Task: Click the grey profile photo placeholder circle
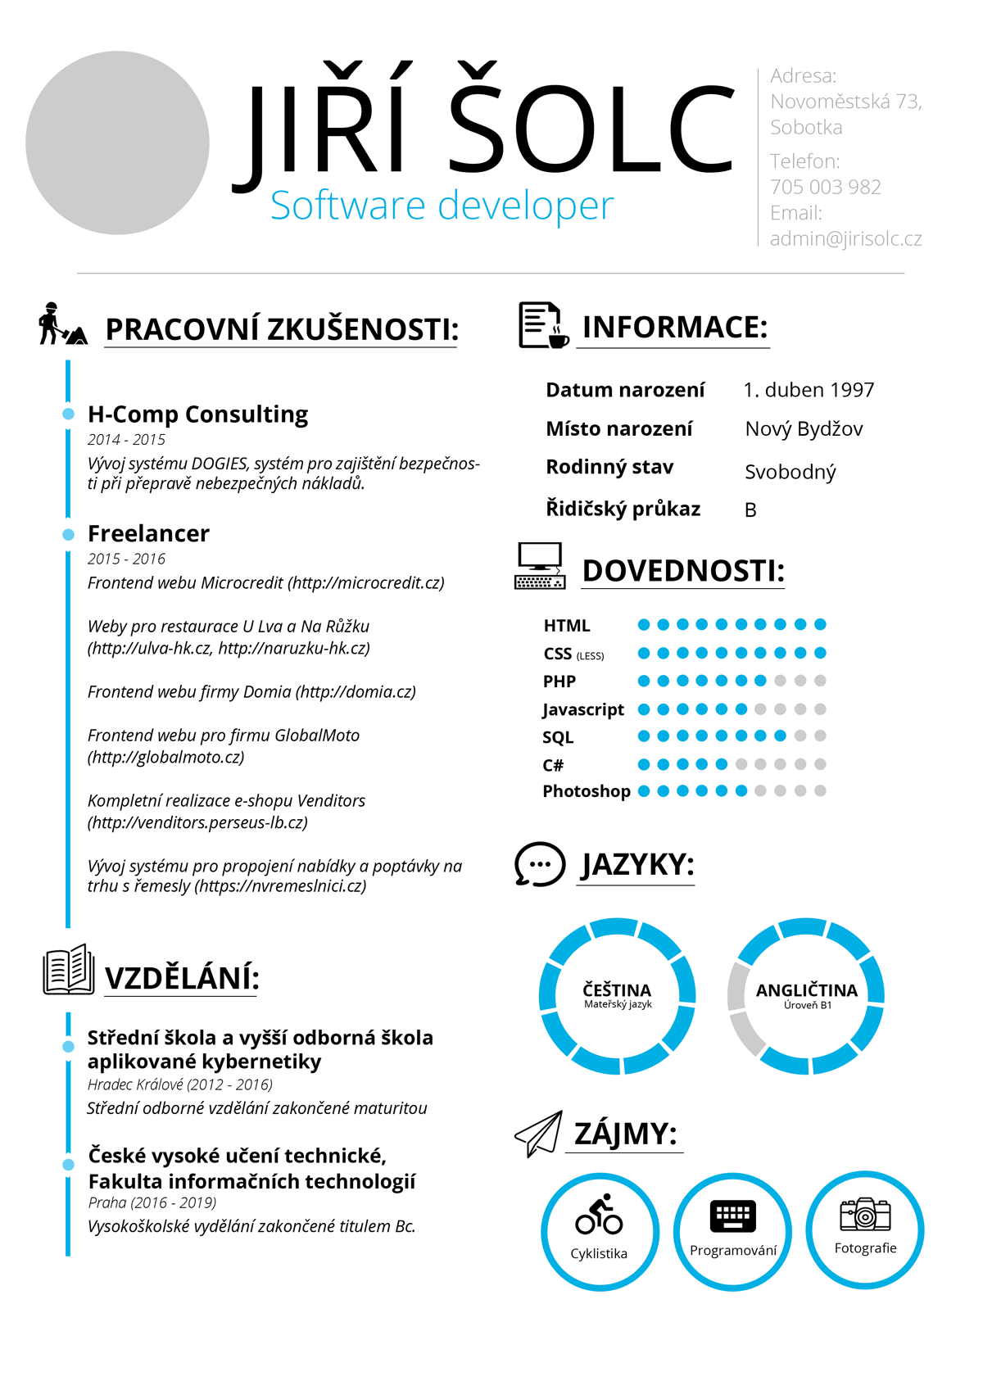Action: (117, 143)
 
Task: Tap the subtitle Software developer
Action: (442, 206)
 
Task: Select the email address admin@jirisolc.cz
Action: (845, 238)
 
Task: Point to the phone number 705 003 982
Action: (825, 187)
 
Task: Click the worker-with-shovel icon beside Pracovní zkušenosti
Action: (61, 324)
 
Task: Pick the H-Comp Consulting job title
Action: (197, 414)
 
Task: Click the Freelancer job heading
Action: (148, 533)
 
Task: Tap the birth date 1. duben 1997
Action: (809, 390)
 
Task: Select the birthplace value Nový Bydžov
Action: (804, 429)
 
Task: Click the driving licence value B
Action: (750, 510)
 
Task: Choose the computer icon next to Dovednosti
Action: (540, 566)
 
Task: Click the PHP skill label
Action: (559, 681)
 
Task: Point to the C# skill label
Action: (553, 765)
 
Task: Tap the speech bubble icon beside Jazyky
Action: (539, 864)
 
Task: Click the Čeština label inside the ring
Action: (617, 989)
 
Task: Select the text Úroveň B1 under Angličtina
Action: (807, 1005)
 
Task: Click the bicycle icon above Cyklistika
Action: (599, 1215)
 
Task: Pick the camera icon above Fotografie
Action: (865, 1214)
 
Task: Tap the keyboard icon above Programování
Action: (732, 1216)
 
